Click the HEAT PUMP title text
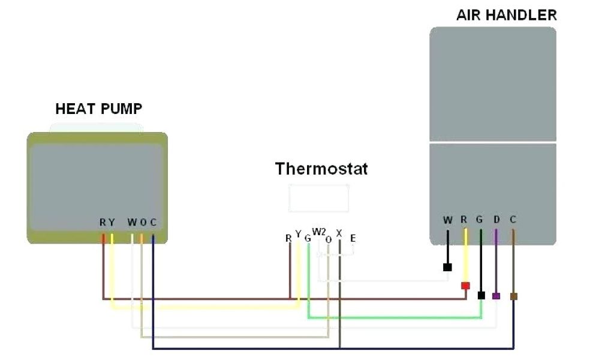99,109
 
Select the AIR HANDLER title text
506,15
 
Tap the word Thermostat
321,169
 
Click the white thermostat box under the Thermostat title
318,198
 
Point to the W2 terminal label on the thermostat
319,232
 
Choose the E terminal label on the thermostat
353,238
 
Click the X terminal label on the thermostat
339,233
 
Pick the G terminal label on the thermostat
308,238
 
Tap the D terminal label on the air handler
496,220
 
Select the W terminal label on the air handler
447,220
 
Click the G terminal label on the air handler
480,220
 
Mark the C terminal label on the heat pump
153,223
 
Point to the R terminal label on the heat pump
103,223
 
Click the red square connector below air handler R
465,286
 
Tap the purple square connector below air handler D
496,296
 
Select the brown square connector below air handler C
513,296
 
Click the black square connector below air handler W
447,268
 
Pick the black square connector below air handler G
481,295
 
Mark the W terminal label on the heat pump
132,223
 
